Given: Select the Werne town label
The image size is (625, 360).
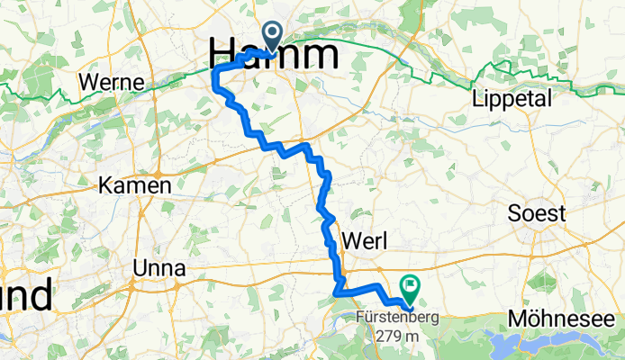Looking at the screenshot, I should pos(113,82).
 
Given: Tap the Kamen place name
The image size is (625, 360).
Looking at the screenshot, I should pos(135,186).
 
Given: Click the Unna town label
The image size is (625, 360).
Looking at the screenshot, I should pos(159,268).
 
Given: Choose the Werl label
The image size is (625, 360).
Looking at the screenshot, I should pos(365,240).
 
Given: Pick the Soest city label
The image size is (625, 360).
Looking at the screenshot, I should pos(537,214).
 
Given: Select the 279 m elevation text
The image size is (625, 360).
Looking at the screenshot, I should pos(399,336).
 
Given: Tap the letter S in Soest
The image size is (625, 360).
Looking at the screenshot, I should pos(513,214).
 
